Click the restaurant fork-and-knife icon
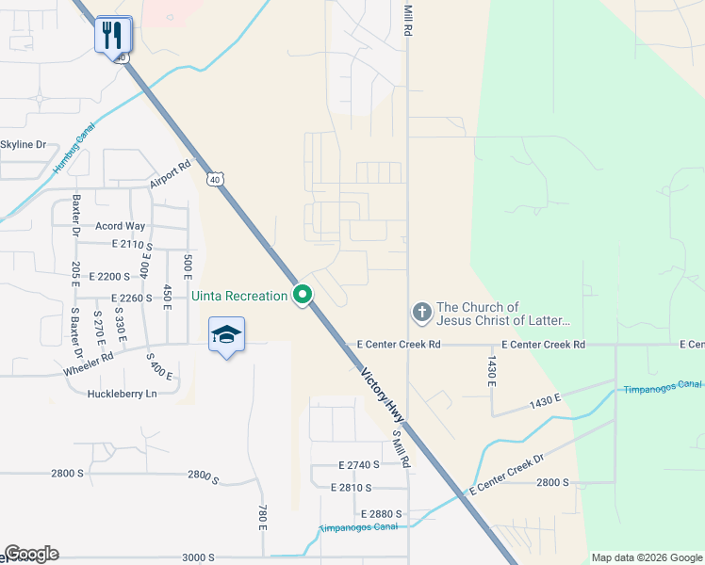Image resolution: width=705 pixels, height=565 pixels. (x=112, y=35)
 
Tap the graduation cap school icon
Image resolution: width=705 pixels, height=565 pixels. (x=226, y=335)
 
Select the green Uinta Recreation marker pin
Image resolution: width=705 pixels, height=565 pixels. (x=303, y=296)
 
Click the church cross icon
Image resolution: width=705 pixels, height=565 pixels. (x=421, y=311)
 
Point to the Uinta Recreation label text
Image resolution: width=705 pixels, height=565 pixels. (x=239, y=296)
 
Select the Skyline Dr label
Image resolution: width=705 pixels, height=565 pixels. (x=24, y=144)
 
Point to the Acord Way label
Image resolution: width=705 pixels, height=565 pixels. (x=121, y=226)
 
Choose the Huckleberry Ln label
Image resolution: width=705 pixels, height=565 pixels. (x=122, y=394)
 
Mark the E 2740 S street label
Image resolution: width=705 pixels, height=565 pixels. (x=359, y=464)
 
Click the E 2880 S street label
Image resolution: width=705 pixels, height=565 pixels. (x=382, y=513)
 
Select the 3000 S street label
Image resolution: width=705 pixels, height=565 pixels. (x=198, y=557)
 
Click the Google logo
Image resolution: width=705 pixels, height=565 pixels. (x=31, y=554)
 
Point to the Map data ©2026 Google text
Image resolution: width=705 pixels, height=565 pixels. (x=646, y=557)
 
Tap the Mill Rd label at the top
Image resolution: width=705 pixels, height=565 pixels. (x=408, y=19)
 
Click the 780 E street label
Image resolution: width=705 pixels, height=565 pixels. (x=263, y=517)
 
